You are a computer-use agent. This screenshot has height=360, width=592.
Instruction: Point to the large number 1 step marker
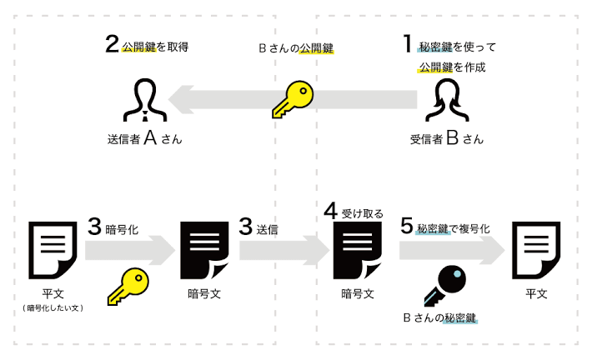pyautogui.click(x=408, y=42)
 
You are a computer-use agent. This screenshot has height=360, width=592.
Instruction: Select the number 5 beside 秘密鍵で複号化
pyautogui.click(x=406, y=226)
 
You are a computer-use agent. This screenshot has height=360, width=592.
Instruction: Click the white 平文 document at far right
pyautogui.click(x=537, y=249)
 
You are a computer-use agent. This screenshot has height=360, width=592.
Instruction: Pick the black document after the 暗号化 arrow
pyautogui.click(x=204, y=249)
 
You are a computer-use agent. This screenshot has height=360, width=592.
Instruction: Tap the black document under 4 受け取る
pyautogui.click(x=356, y=249)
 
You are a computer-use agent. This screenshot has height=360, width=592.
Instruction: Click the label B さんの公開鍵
pyautogui.click(x=296, y=48)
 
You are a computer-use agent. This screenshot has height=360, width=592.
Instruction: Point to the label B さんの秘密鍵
pyautogui.click(x=445, y=317)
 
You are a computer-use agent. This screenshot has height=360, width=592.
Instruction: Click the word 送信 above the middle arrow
pyautogui.click(x=268, y=227)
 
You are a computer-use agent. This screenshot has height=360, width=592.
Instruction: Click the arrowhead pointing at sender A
pyautogui.click(x=178, y=100)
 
